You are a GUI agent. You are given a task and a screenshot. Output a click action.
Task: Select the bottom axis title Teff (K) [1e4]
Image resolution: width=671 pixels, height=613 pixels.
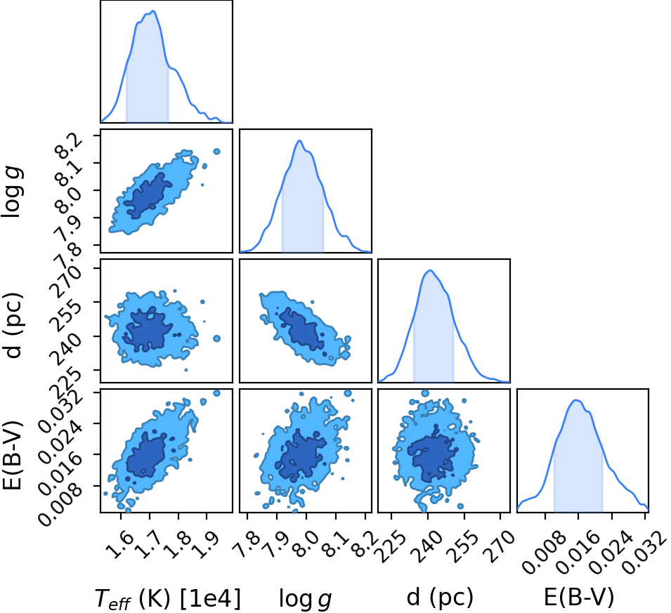168,598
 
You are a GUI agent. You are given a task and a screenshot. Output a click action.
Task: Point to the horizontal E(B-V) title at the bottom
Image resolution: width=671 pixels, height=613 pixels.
578,597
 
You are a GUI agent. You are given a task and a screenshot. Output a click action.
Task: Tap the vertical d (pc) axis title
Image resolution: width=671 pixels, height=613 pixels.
13,326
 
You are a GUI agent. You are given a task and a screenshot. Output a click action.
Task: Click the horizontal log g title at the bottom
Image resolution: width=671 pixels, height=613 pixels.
305,598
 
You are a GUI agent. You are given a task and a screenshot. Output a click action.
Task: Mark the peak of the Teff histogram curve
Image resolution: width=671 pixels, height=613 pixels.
153,11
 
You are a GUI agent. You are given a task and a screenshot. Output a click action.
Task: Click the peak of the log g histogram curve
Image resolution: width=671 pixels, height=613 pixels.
299,140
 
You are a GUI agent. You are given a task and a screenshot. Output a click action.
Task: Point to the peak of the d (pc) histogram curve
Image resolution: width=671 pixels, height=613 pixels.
430,270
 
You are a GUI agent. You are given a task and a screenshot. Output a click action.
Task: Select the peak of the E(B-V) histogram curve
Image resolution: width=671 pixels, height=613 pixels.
576,400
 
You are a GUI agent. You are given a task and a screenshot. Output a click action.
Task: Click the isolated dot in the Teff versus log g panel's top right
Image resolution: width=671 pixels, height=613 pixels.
216,152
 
